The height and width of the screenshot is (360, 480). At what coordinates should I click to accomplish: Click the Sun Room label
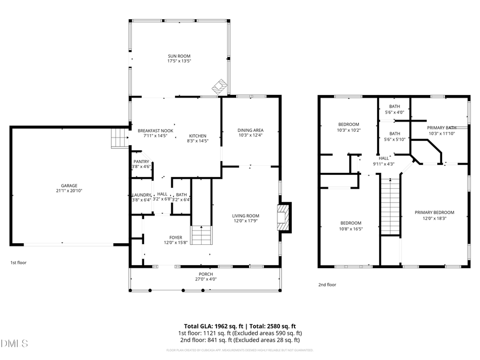point(179,56)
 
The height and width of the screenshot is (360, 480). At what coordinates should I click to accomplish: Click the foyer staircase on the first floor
point(202,235)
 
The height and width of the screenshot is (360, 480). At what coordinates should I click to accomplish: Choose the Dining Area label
point(250,130)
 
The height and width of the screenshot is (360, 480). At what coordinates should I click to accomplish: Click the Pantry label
point(141,162)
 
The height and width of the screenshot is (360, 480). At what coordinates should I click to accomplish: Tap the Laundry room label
point(141,195)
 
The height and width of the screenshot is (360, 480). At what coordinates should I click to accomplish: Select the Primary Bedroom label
point(434,212)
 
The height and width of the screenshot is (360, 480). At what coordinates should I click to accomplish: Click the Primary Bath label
point(441,128)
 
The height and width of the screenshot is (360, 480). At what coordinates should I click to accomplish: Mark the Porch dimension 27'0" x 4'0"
point(205,279)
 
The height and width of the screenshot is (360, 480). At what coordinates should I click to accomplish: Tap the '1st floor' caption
point(18,263)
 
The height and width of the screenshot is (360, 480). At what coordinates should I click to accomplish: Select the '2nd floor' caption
point(327,285)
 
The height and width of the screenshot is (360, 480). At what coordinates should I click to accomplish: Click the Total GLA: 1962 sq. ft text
point(211,326)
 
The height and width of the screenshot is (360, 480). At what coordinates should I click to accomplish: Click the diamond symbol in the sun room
point(219,86)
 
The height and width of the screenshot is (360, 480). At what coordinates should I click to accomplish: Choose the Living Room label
point(245,216)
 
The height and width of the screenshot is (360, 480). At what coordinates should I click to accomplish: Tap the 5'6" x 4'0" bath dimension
point(394,112)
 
